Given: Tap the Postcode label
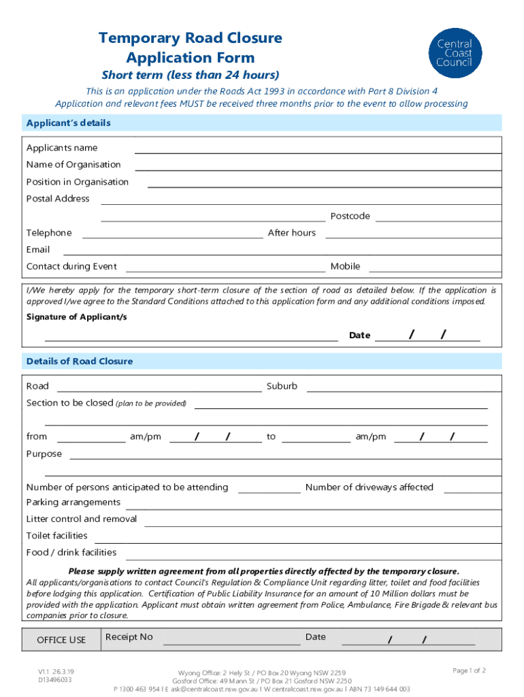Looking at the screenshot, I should (350, 216).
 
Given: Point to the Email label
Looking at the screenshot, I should (38, 250).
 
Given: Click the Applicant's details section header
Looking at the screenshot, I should (68, 123).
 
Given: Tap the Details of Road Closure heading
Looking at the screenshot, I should (79, 361).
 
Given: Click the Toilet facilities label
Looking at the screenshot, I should (56, 536).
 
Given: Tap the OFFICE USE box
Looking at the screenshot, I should (61, 640).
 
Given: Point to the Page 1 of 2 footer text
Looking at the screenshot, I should (469, 670).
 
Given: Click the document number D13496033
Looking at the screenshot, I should (55, 679).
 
